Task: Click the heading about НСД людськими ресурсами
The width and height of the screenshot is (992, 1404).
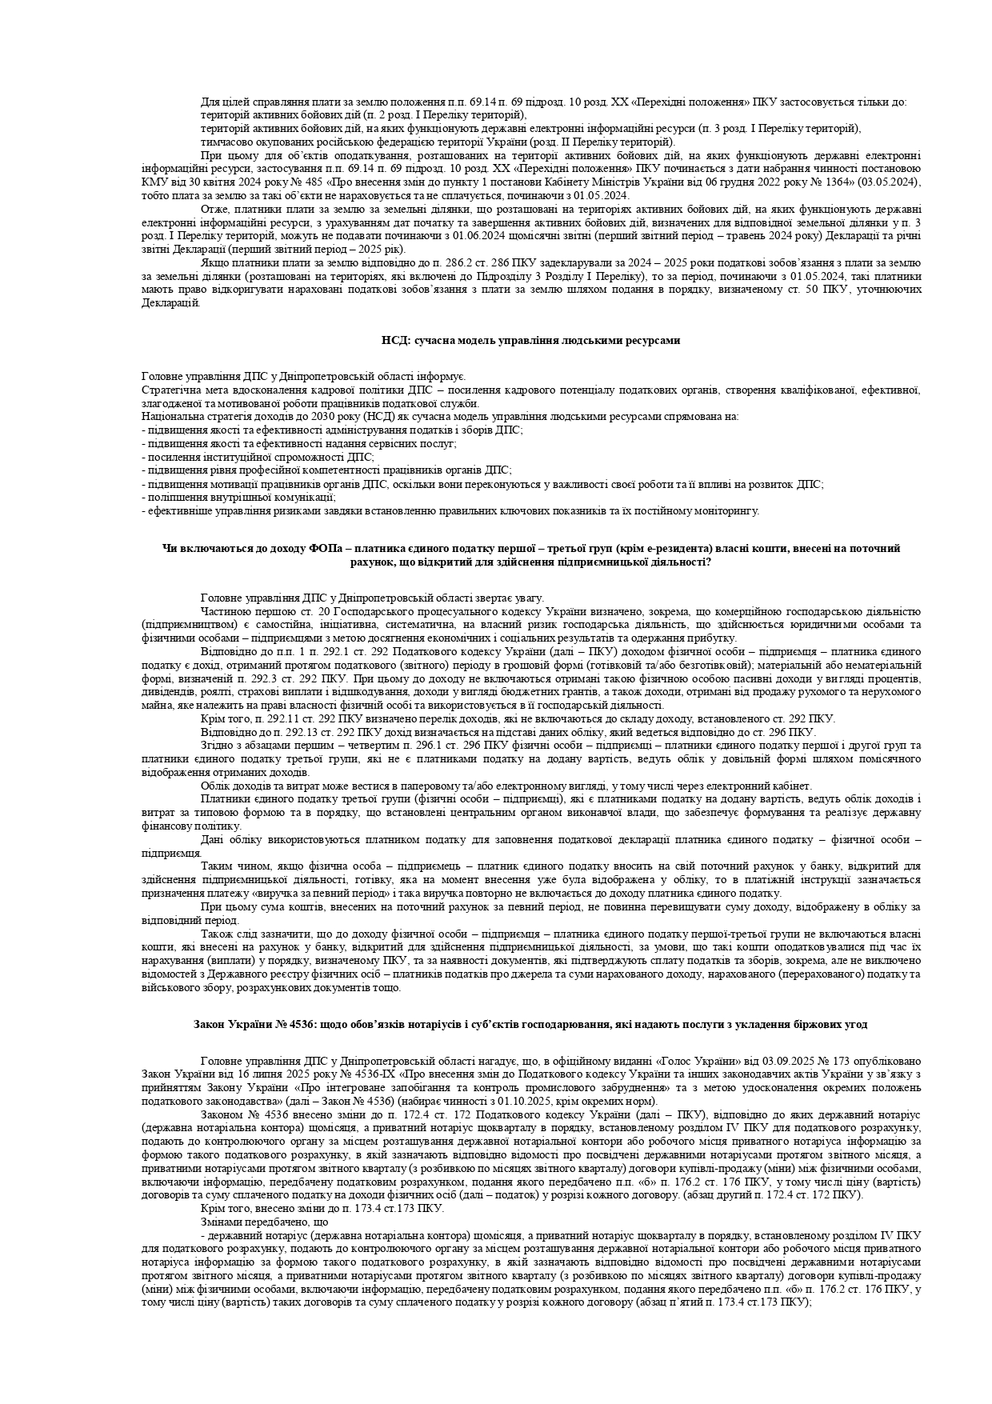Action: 530,340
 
